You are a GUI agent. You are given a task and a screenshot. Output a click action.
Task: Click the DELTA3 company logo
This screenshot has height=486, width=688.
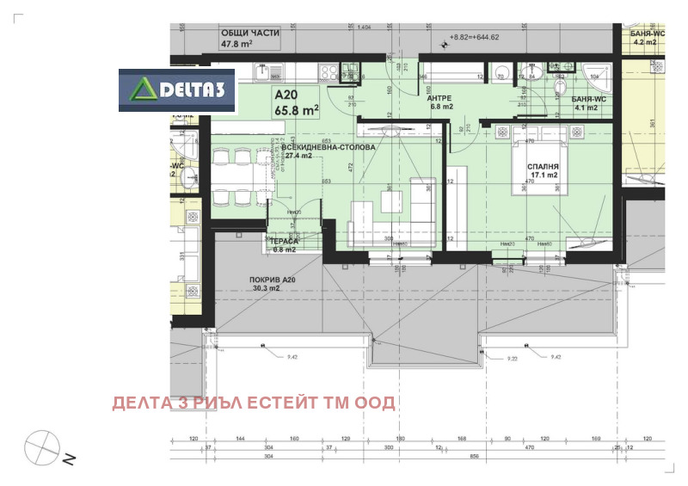coord(177,90)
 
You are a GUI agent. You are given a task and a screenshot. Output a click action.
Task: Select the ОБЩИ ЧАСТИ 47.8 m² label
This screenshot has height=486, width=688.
coord(250,38)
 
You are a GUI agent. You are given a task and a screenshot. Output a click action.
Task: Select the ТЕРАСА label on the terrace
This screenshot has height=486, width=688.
coord(285,245)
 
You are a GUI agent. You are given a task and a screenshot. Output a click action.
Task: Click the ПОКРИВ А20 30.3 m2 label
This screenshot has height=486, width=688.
coord(273,284)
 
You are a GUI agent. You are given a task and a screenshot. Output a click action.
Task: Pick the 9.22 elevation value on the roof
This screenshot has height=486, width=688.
coord(513,359)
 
